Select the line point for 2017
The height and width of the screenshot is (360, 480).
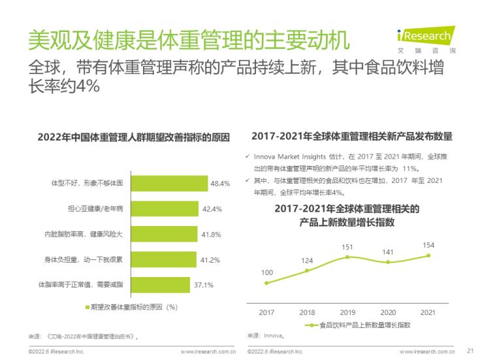(x=266, y=284)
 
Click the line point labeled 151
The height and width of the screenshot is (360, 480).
(x=347, y=257)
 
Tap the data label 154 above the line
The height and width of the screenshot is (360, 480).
(x=428, y=245)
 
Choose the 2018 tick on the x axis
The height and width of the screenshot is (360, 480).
(x=307, y=312)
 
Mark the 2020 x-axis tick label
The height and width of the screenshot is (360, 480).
(x=388, y=312)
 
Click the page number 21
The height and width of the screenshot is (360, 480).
(x=470, y=350)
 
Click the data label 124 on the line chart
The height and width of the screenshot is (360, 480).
(x=307, y=261)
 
